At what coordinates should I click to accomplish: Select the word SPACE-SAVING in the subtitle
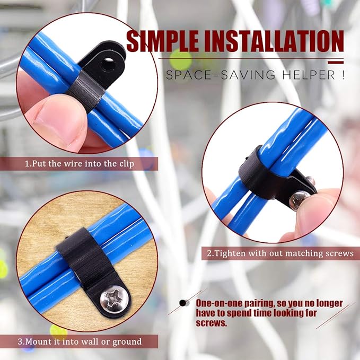[x=221, y=75]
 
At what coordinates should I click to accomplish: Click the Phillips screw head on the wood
[x=114, y=299]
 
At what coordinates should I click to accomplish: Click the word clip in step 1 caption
[x=127, y=164]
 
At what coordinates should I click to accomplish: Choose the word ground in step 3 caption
[x=127, y=342]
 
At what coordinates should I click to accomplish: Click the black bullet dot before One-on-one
[x=183, y=303]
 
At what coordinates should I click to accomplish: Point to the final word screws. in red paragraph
[x=211, y=323]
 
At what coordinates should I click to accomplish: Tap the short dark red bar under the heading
[x=336, y=62]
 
